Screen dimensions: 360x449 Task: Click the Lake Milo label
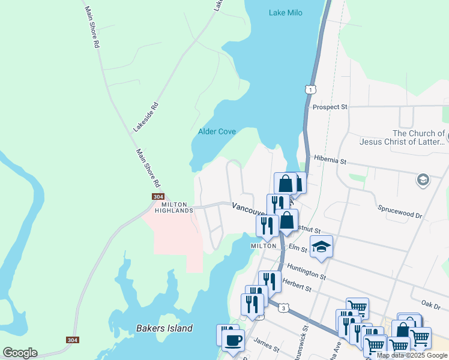(x=285, y=13)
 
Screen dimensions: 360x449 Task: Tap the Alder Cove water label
(x=217, y=131)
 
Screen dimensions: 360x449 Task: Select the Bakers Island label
(x=164, y=328)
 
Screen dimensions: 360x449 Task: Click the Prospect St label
(x=330, y=107)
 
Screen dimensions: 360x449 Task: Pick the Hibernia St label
(x=330, y=161)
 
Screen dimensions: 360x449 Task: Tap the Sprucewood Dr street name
(x=400, y=211)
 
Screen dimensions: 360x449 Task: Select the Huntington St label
(x=306, y=272)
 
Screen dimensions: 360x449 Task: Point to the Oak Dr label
(x=431, y=304)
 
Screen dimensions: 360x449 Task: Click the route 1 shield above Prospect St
(x=310, y=89)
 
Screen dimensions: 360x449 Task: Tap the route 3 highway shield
(x=284, y=308)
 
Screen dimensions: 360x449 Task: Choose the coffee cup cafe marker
(x=232, y=341)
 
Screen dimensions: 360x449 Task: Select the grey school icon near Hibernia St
(x=423, y=179)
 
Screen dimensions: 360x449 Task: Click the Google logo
(x=20, y=353)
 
